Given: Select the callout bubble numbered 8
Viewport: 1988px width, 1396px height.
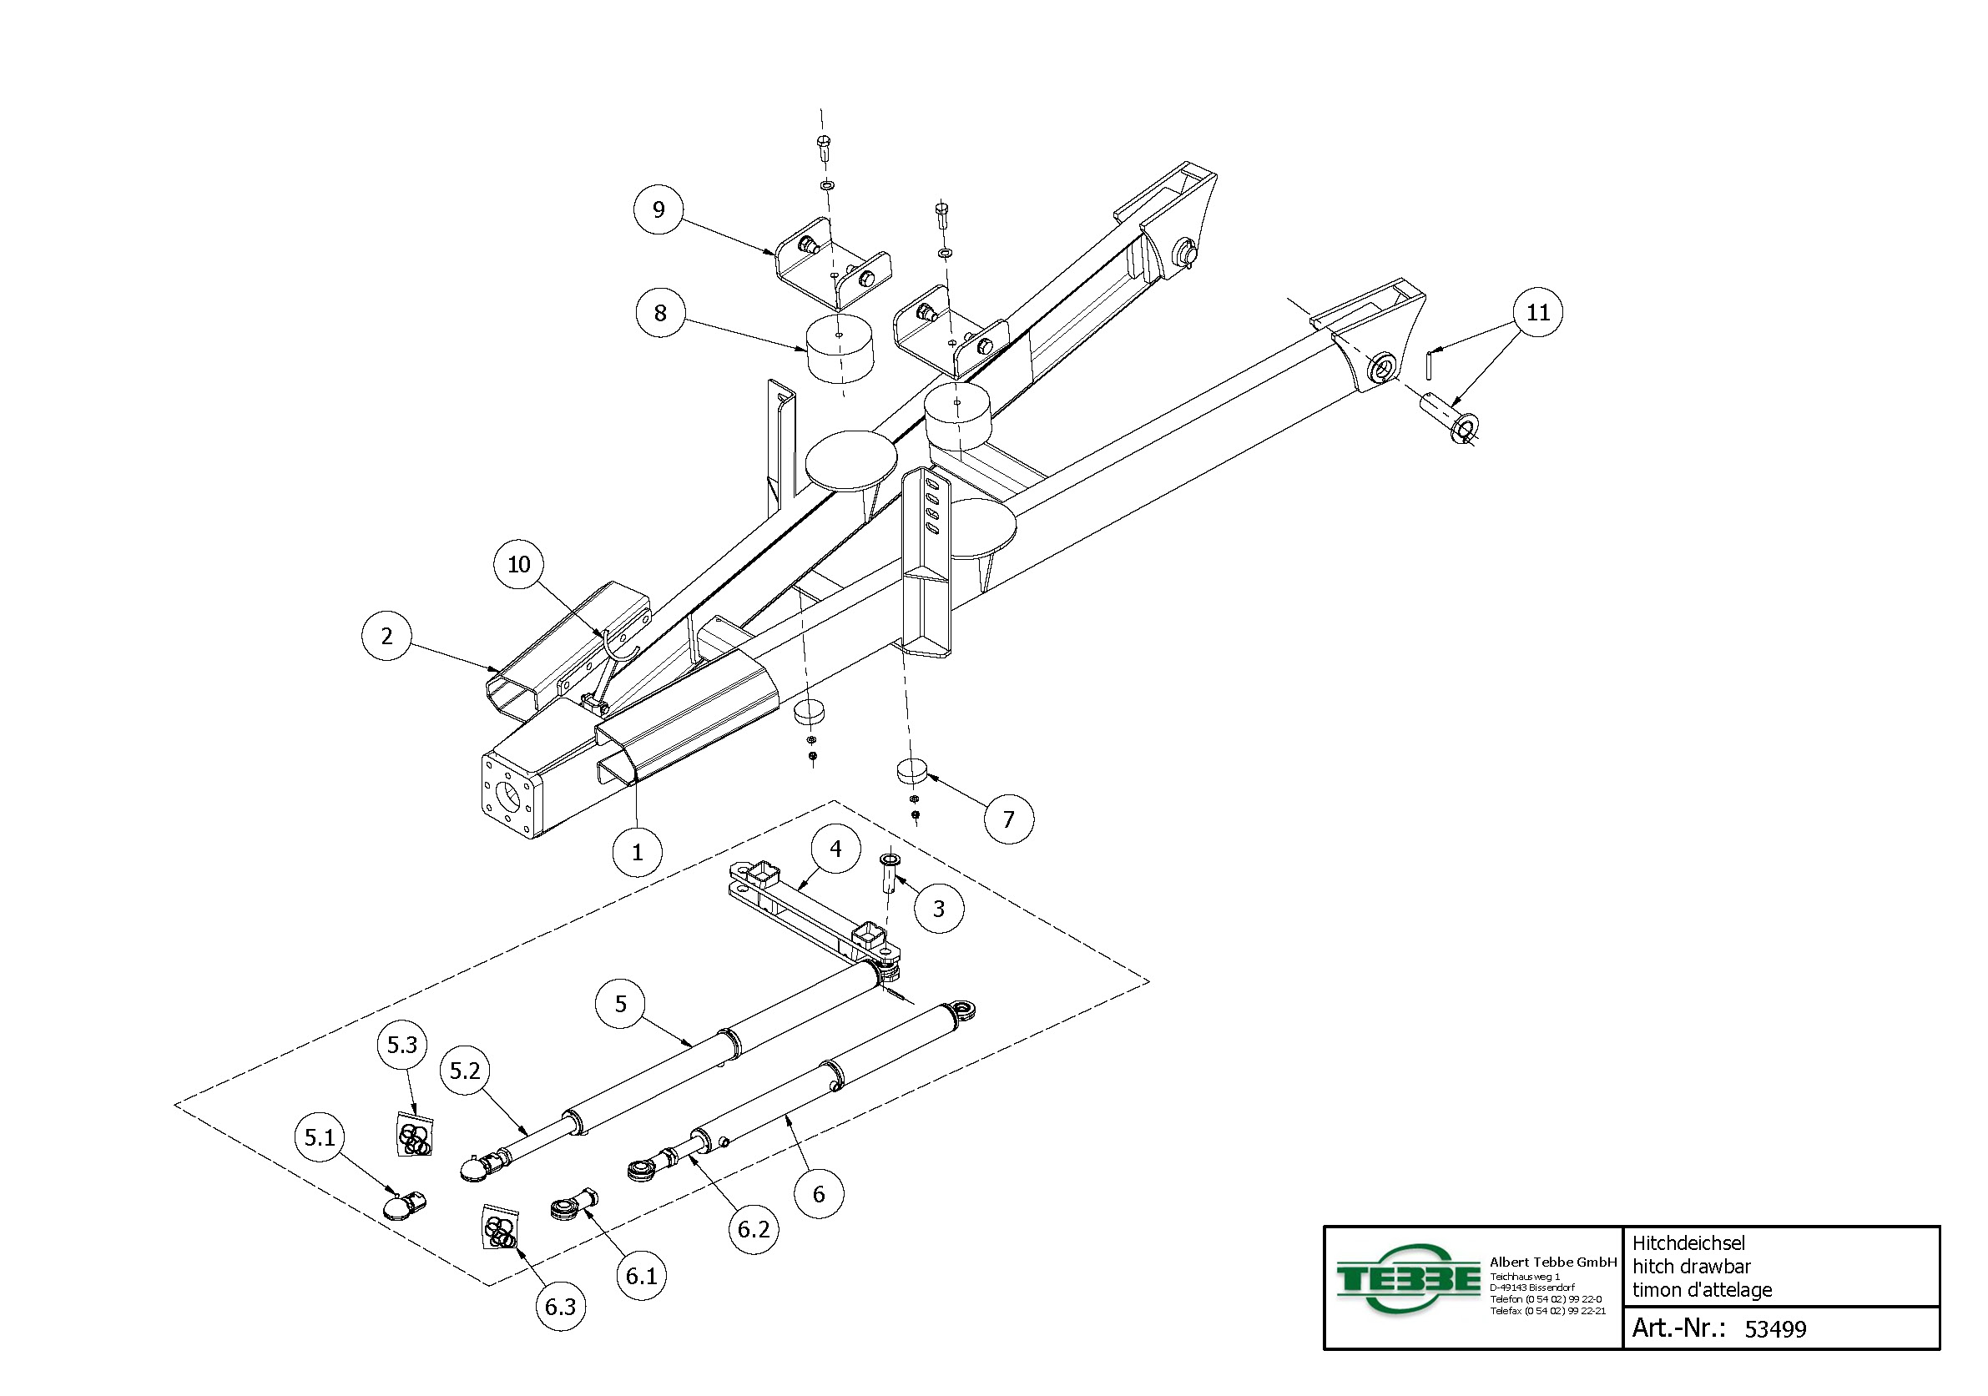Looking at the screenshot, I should [x=660, y=312].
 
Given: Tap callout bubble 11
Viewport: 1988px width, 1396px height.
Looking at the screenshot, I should [x=1538, y=311].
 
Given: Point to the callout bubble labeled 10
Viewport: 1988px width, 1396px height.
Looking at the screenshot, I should [x=518, y=564].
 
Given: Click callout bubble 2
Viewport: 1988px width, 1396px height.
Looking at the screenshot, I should [x=386, y=635].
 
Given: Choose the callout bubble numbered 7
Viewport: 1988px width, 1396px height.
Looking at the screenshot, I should [x=1009, y=819].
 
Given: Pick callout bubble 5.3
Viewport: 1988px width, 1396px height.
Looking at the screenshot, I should [x=401, y=1045].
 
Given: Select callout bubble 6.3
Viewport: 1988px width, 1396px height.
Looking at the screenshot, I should [x=560, y=1306].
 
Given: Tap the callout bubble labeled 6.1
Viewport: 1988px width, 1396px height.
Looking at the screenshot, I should [x=642, y=1275].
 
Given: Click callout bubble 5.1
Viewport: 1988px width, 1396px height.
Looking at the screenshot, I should [x=320, y=1136].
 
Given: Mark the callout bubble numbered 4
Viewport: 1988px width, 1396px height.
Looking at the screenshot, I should [x=835, y=849].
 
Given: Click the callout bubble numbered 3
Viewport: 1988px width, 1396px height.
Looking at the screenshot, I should [x=939, y=909].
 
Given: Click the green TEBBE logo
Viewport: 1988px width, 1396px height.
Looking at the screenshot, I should [x=1407, y=1278].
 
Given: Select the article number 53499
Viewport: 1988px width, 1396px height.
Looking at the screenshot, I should [x=1775, y=1329].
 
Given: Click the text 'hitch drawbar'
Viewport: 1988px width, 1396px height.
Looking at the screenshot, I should [x=1691, y=1266].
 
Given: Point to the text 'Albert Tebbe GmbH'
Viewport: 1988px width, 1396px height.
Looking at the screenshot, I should [x=1552, y=1262].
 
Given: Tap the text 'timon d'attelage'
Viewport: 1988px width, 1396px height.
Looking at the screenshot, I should [x=1702, y=1289].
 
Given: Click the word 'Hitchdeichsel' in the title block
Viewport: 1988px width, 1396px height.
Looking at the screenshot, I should [x=1688, y=1242].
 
